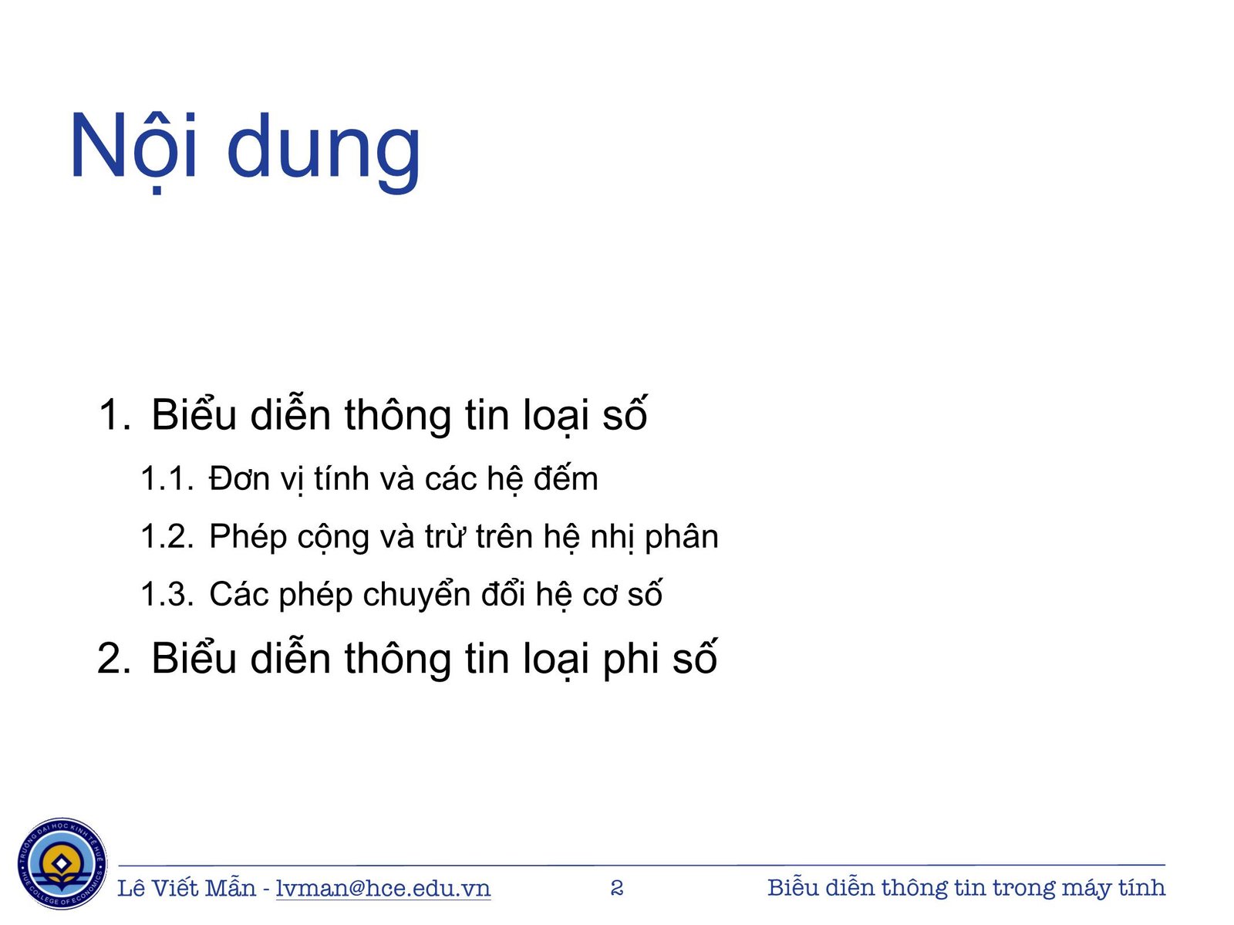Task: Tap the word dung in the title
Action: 324,150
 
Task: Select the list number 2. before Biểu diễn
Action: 114,659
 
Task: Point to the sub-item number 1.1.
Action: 166,479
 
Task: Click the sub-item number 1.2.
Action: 166,537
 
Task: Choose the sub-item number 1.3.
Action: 166,595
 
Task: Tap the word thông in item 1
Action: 398,416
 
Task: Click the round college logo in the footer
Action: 62,863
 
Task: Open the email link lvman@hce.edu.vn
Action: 383,888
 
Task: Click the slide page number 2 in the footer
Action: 616,888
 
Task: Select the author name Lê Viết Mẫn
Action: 186,888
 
